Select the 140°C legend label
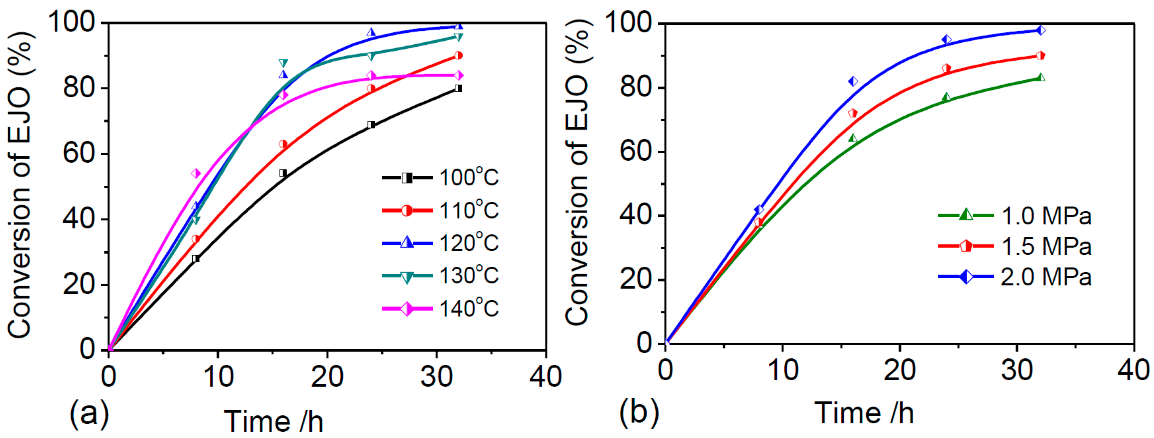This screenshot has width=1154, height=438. (x=468, y=309)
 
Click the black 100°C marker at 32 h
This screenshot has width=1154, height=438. (x=458, y=88)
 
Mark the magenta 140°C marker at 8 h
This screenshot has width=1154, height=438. (x=196, y=173)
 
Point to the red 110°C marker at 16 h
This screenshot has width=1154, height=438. (x=283, y=144)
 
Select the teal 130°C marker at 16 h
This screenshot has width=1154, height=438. (x=283, y=63)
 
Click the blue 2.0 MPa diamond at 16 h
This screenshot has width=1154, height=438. (x=853, y=81)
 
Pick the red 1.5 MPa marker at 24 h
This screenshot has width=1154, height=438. (x=947, y=68)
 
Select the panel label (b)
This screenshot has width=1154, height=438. (x=639, y=411)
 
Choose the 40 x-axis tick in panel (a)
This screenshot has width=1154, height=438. (x=545, y=376)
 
